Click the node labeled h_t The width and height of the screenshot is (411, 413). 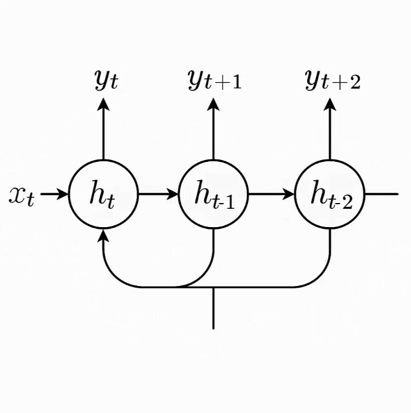coord(104,194)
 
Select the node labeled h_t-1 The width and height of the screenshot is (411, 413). coord(214,194)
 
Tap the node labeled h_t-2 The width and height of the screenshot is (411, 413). coord(330,194)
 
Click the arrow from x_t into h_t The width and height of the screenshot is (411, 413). coord(55,194)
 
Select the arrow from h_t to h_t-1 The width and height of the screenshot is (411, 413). coord(159,194)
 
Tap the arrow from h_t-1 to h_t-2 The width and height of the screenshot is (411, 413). coord(271,194)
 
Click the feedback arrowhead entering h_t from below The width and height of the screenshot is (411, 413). coord(104,235)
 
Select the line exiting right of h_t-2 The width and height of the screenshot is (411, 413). coord(381,194)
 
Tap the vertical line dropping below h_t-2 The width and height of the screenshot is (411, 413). coord(330,252)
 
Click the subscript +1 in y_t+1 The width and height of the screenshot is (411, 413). coord(228,84)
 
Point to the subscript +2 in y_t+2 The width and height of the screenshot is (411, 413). coord(347,84)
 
